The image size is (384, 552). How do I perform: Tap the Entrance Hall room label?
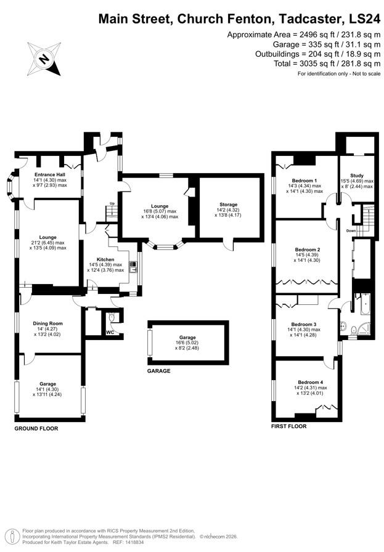click(x=51, y=174)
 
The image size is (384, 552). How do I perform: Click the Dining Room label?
click(x=48, y=323)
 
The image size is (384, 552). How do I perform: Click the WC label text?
click(x=110, y=333)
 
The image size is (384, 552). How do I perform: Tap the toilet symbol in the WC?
click(x=110, y=319)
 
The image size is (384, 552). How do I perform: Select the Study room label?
click(x=357, y=176)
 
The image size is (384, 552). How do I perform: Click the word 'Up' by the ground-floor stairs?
click(x=112, y=203)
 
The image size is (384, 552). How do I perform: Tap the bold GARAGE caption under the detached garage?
click(x=158, y=371)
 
